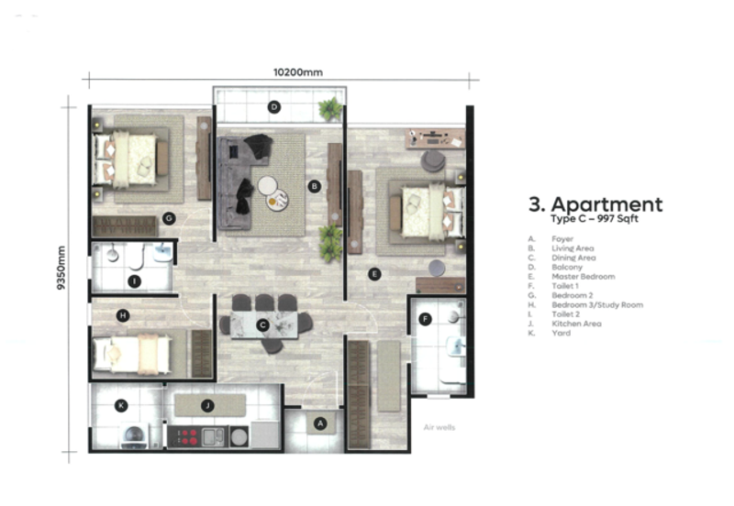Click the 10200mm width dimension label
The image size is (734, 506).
(x=299, y=72)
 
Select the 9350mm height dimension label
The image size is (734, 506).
(x=61, y=267)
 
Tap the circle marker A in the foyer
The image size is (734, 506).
(x=320, y=423)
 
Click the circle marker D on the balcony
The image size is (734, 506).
(x=273, y=107)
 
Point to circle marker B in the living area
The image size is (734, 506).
(x=314, y=186)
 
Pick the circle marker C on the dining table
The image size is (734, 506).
(x=263, y=324)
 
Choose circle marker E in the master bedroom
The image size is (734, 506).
(x=373, y=273)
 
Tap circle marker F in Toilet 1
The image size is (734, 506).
(x=425, y=319)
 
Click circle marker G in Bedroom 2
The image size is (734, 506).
(x=169, y=217)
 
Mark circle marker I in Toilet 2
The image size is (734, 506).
(x=134, y=280)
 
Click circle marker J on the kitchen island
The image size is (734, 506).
(x=208, y=404)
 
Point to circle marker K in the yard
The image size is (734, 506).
(x=120, y=404)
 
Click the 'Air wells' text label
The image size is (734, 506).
(x=439, y=427)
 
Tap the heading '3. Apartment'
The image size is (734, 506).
(x=595, y=204)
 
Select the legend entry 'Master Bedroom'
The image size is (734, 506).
(x=583, y=276)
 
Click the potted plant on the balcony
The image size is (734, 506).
(x=329, y=110)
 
